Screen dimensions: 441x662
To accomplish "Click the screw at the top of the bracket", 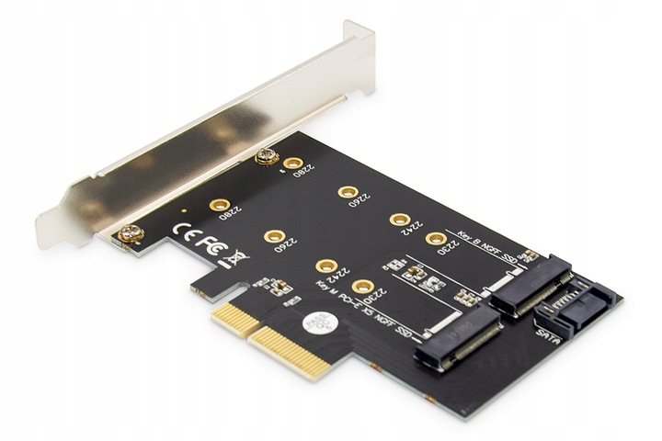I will point(267,156).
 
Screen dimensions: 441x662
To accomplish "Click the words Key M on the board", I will point(321,286).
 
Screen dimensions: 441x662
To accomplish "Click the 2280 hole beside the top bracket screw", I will point(293,164).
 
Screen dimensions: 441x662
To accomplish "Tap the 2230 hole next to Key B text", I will point(434,239).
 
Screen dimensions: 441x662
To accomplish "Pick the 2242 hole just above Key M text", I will point(325,266).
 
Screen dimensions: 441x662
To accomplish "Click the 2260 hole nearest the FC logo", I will point(273,237).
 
